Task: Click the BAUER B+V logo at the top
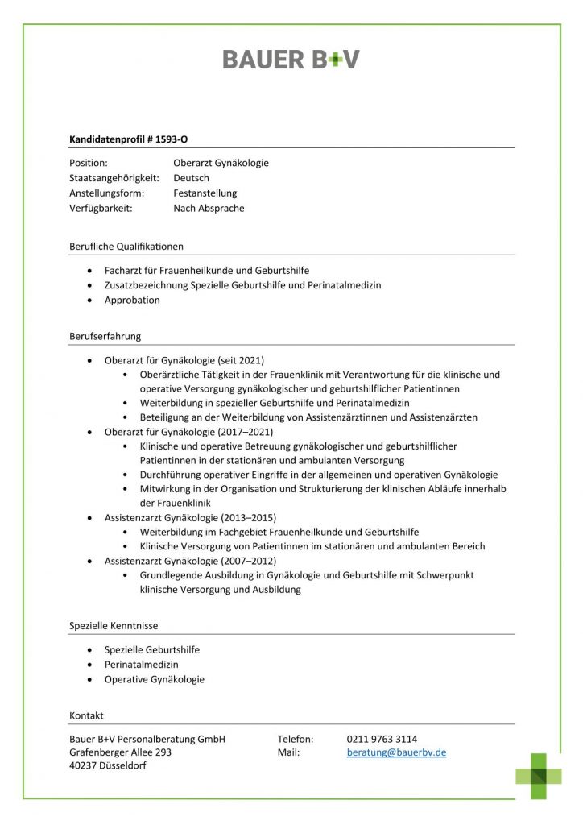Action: pos(291,59)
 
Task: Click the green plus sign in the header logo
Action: pos(329,59)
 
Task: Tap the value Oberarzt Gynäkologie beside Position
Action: pos(221,163)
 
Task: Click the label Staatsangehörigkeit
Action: pos(114,178)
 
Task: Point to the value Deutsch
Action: pos(191,178)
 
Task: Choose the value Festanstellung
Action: pos(205,193)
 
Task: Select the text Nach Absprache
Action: pos(209,208)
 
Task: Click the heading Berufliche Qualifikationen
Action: pos(126,246)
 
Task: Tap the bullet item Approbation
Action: pos(132,301)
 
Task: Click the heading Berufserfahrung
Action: pos(105,336)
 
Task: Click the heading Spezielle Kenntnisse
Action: pos(114,625)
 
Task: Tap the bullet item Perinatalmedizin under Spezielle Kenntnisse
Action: pos(142,665)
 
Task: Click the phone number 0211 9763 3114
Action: pos(382,739)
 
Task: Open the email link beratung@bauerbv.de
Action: pos(396,752)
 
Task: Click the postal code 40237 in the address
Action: pos(85,766)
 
